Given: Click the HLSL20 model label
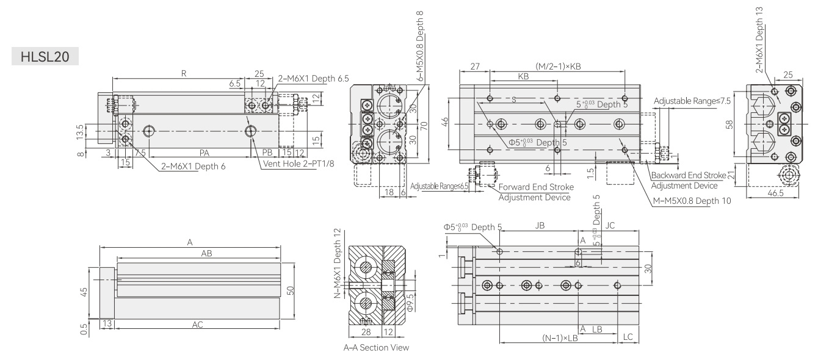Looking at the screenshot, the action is tap(45, 57).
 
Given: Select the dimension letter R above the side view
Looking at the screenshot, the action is tap(184, 73).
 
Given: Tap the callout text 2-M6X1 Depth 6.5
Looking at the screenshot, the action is tap(313, 79).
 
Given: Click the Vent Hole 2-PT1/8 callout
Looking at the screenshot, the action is tap(299, 164).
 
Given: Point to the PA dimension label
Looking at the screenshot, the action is tap(204, 153).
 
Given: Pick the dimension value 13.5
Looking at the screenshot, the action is tap(80, 132).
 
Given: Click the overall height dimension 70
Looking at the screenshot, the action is tap(424, 126).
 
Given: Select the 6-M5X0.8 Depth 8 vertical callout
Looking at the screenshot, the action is tap(419, 46).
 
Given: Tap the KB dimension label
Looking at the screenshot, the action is tap(523, 76).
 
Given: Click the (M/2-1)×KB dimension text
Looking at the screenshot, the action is tap(558, 67).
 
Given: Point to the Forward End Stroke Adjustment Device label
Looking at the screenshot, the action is tap(536, 192).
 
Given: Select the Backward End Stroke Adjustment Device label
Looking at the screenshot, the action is tap(689, 181).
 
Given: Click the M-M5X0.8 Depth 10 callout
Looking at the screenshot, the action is tap(692, 201).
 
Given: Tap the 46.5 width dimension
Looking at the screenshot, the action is tap(775, 193).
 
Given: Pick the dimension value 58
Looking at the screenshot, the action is tap(729, 124).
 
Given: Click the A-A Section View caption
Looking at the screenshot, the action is tap(376, 348).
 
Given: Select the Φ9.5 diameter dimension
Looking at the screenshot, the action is tap(410, 303).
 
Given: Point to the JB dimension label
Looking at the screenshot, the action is tap(540, 226).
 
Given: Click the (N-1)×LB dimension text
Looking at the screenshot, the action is tap(560, 338).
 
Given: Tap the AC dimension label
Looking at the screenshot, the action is tap(198, 325).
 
